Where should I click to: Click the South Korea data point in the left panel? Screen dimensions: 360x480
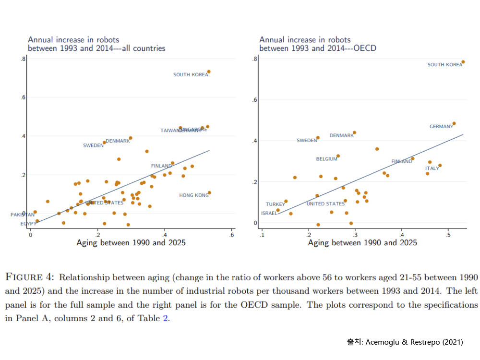point(209,72)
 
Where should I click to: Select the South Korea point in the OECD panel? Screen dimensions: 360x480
point(463,62)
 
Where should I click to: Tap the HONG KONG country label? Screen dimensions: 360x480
point(194,195)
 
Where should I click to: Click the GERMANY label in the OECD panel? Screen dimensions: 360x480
point(441,127)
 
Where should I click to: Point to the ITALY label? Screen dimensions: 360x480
point(432,168)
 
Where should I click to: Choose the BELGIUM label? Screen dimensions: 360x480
point(326,159)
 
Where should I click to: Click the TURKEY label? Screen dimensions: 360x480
point(276,204)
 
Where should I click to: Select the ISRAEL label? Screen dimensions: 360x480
point(269,213)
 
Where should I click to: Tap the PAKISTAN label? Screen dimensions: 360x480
point(23,215)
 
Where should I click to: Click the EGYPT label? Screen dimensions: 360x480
point(28,224)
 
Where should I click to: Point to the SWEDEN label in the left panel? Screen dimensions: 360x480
point(93,145)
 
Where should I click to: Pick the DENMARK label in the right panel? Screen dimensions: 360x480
point(341,136)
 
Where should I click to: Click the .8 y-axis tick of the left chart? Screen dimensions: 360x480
point(23,59)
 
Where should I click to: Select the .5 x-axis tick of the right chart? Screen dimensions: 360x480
point(448,235)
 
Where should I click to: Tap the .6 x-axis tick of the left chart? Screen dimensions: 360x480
point(231,235)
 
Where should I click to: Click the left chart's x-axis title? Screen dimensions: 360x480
point(131,243)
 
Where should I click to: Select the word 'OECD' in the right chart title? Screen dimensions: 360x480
point(365,48)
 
